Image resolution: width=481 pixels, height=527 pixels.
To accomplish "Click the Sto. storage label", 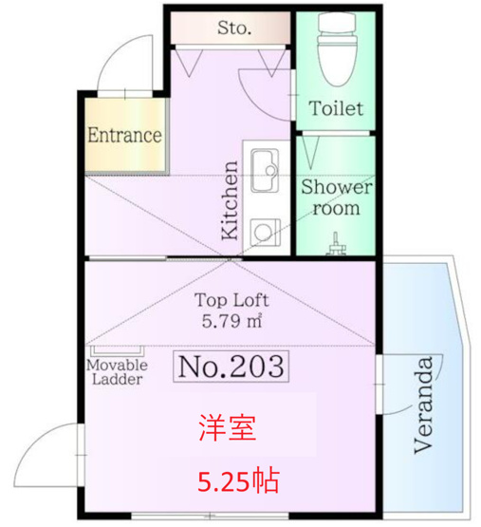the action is (x=234, y=28).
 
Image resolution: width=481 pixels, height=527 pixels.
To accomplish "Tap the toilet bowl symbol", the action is (x=337, y=48).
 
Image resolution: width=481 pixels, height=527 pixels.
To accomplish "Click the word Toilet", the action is (x=336, y=108).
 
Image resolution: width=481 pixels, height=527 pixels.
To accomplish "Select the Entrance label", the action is (x=124, y=135).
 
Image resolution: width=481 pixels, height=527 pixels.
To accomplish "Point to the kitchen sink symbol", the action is (x=266, y=170).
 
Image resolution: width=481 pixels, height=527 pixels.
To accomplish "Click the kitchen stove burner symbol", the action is (x=266, y=232).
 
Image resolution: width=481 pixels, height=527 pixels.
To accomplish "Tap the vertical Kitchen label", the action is (x=231, y=200).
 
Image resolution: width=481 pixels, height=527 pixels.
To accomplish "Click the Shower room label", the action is (x=336, y=198).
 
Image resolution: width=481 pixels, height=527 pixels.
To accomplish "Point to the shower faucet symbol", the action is (x=335, y=244).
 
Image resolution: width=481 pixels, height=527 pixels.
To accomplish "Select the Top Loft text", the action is (x=231, y=300).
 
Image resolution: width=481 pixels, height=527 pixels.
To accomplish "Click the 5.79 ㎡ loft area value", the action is (x=231, y=321).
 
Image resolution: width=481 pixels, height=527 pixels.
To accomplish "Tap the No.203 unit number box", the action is (x=231, y=367).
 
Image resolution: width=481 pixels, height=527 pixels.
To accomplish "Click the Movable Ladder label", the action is (x=118, y=372).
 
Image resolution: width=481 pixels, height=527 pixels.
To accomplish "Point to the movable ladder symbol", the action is (x=118, y=350).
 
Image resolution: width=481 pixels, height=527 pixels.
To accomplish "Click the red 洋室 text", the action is (x=228, y=427).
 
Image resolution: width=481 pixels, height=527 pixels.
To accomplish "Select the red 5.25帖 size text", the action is (x=238, y=481).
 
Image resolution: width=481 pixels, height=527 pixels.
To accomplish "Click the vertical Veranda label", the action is (x=423, y=405).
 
